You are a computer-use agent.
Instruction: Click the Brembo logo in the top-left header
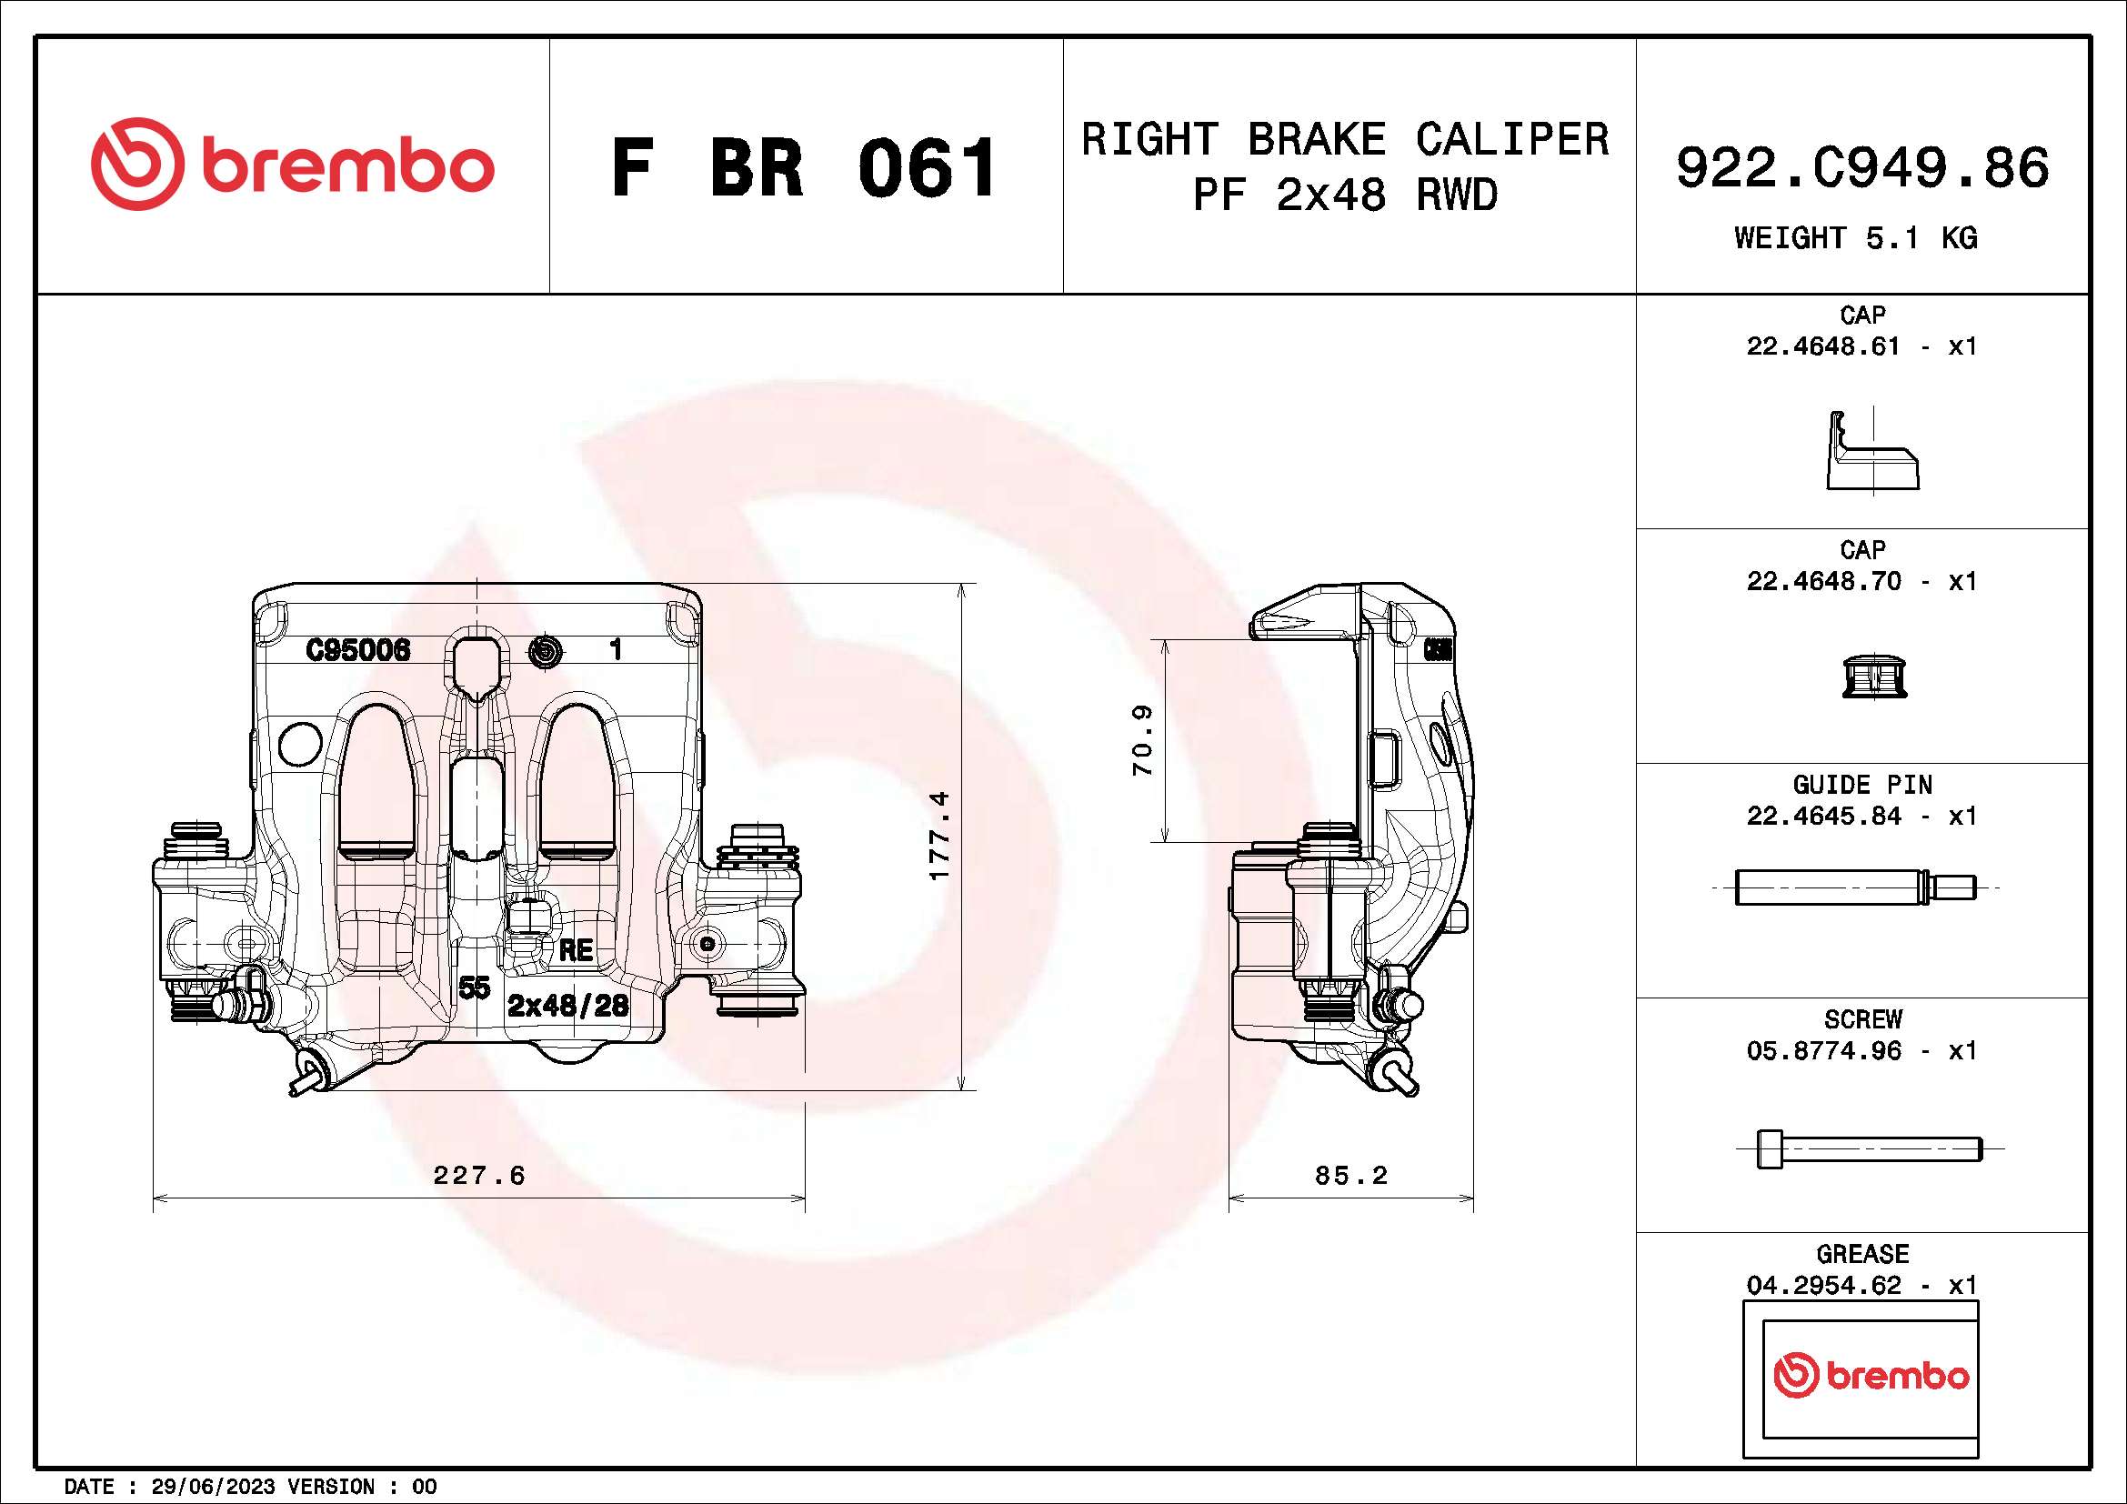(x=292, y=165)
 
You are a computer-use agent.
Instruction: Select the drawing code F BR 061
(x=804, y=167)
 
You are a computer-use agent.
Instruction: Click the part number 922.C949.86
(x=1862, y=167)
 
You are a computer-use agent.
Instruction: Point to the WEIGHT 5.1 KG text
(x=1856, y=238)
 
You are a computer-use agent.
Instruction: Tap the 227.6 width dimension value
(x=479, y=1175)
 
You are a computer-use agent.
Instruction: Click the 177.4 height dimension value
(x=938, y=836)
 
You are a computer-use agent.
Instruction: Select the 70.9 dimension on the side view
(x=1142, y=741)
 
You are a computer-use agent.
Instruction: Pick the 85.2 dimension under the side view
(x=1350, y=1175)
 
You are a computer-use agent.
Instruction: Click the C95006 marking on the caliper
(x=357, y=650)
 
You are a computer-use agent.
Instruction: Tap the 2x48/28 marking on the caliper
(x=567, y=1006)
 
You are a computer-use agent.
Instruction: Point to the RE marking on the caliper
(x=576, y=950)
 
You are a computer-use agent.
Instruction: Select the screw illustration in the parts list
(x=1869, y=1149)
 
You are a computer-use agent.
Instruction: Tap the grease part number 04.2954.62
(x=1823, y=1286)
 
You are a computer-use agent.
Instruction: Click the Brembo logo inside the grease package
(x=1871, y=1375)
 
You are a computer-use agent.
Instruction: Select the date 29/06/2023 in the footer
(x=212, y=1487)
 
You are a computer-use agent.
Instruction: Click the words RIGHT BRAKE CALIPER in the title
(x=1344, y=140)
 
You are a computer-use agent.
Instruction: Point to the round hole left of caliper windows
(x=300, y=744)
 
